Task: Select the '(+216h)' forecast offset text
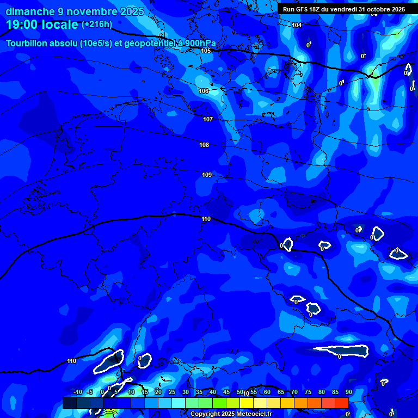click(97, 24)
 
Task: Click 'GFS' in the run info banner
click(303, 9)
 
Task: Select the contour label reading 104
click(297, 26)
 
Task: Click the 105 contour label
click(206, 51)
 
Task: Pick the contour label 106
click(204, 91)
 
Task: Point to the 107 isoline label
click(208, 119)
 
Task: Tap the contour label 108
click(204, 145)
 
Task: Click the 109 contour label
click(207, 175)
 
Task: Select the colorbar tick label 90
click(348, 392)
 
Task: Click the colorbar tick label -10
click(77, 392)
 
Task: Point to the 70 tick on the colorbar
click(294, 392)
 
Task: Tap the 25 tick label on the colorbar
click(171, 392)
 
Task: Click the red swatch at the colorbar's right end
click(341, 403)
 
